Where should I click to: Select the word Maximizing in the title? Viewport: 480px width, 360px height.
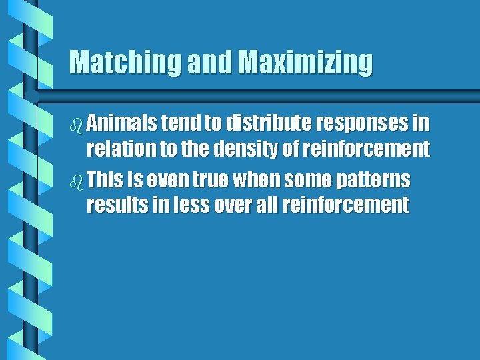(x=305, y=62)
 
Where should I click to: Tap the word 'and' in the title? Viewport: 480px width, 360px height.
(x=211, y=62)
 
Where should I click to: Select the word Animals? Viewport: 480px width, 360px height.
(x=121, y=123)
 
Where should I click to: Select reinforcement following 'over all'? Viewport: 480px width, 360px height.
(x=345, y=205)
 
